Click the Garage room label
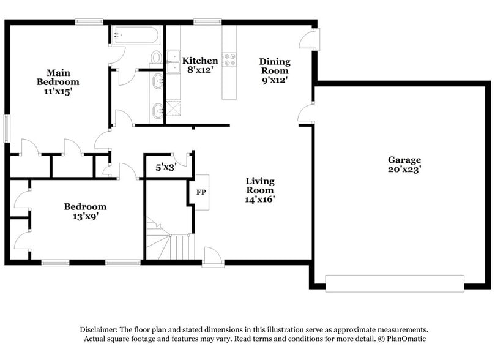403,165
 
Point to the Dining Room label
275,70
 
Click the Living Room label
260,190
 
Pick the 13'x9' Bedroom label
85,211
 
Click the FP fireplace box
201,192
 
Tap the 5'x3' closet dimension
166,166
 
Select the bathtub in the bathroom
135,35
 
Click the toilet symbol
156,58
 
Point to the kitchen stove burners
231,60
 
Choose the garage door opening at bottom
394,283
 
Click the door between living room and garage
305,114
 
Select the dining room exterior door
309,39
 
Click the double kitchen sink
173,62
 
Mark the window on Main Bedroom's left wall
7,127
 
